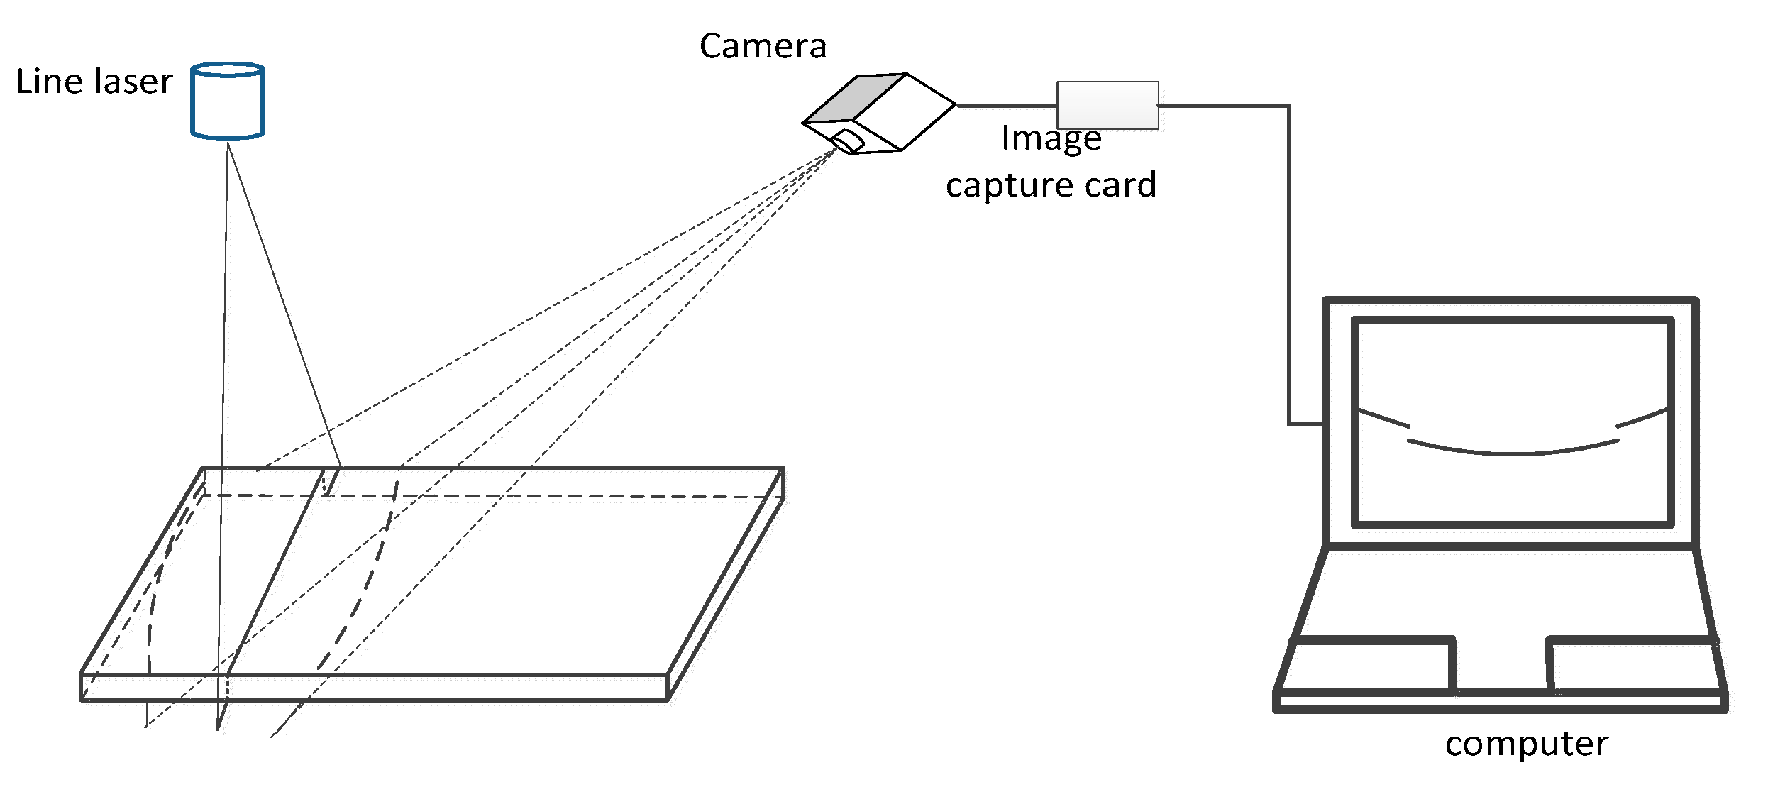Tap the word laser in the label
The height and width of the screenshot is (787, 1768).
(x=134, y=82)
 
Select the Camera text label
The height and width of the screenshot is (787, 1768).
(x=763, y=47)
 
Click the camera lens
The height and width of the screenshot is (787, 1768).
(x=849, y=141)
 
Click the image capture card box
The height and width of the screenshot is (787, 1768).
(x=1107, y=105)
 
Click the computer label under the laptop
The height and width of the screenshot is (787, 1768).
(x=1526, y=744)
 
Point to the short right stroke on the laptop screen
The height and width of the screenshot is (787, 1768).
(x=1641, y=417)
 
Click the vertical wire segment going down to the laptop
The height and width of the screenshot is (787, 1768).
(x=1288, y=270)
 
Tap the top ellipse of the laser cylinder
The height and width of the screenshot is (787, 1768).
(x=227, y=70)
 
